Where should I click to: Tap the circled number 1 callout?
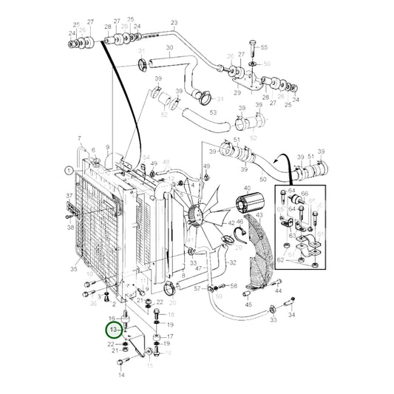pos(69,170)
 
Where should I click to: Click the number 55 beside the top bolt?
pos(265,47)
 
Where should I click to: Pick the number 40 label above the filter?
pos(246,188)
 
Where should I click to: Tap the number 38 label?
pos(70,228)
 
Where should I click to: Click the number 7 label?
pos(79,139)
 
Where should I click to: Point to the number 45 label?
pos(248,304)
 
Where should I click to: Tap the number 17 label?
pos(170,336)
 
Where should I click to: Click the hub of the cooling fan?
pos(196,215)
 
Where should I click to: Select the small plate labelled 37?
pos(72,211)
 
